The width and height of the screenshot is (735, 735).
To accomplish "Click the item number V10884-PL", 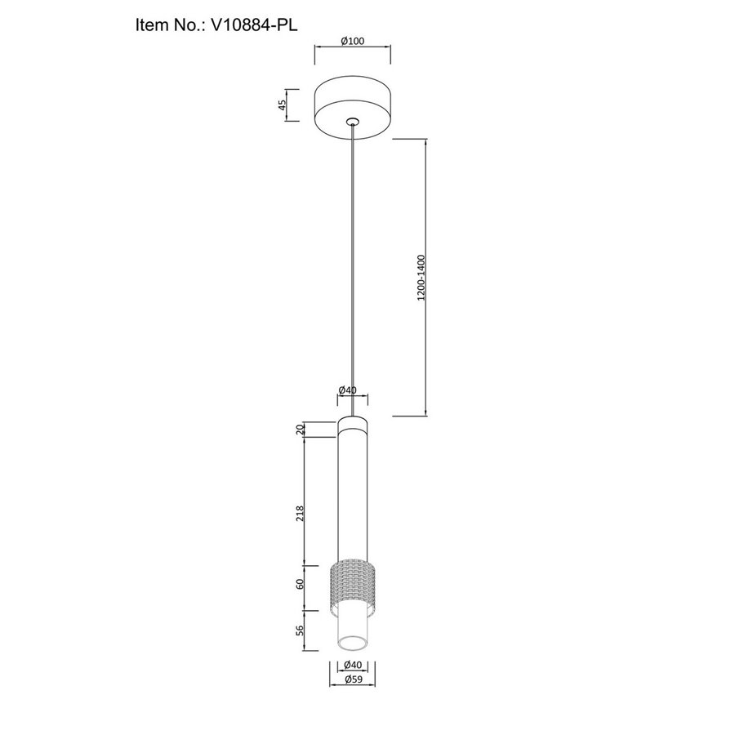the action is click(x=255, y=24).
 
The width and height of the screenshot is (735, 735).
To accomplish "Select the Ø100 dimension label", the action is click(x=353, y=41).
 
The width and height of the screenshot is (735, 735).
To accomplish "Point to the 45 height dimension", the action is click(x=283, y=105).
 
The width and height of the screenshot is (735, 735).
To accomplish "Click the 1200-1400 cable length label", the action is click(x=421, y=278).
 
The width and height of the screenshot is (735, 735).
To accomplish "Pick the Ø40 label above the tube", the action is click(x=347, y=390).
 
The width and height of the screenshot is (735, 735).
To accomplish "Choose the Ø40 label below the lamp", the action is click(x=353, y=665).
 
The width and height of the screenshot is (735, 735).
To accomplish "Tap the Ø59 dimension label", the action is click(x=354, y=679).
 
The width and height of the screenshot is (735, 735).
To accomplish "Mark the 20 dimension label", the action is click(x=301, y=430).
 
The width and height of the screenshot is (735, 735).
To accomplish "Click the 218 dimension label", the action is click(x=301, y=514).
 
